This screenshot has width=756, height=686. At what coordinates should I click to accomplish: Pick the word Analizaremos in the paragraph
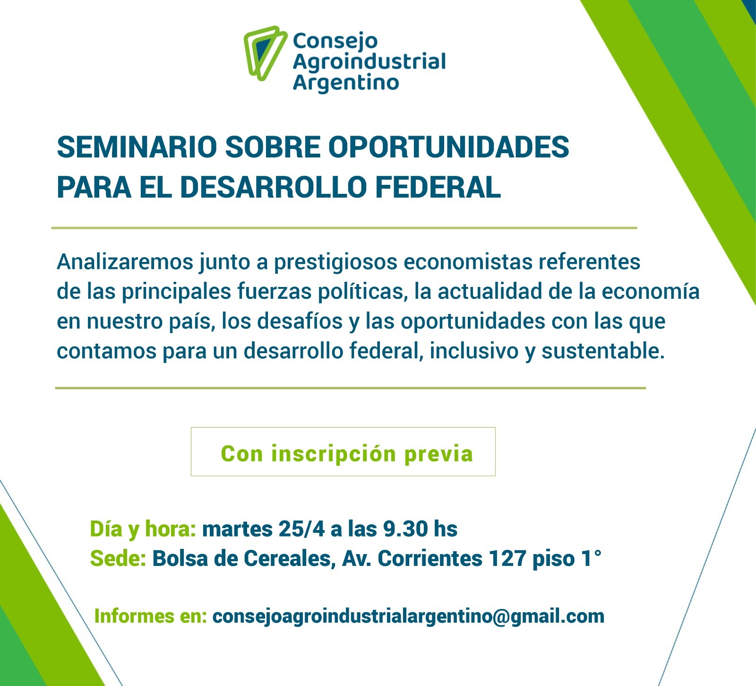coord(125,261)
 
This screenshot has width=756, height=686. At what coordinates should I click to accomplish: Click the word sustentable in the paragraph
coord(602,351)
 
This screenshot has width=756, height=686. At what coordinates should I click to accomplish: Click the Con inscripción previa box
coord(343,452)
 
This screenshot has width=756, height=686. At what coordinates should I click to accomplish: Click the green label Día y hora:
coord(143,530)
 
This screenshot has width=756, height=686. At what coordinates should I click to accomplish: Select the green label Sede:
coord(118,558)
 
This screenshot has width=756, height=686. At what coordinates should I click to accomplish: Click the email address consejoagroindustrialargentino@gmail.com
coord(408,617)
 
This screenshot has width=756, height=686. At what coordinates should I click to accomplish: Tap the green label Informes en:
coord(151,616)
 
